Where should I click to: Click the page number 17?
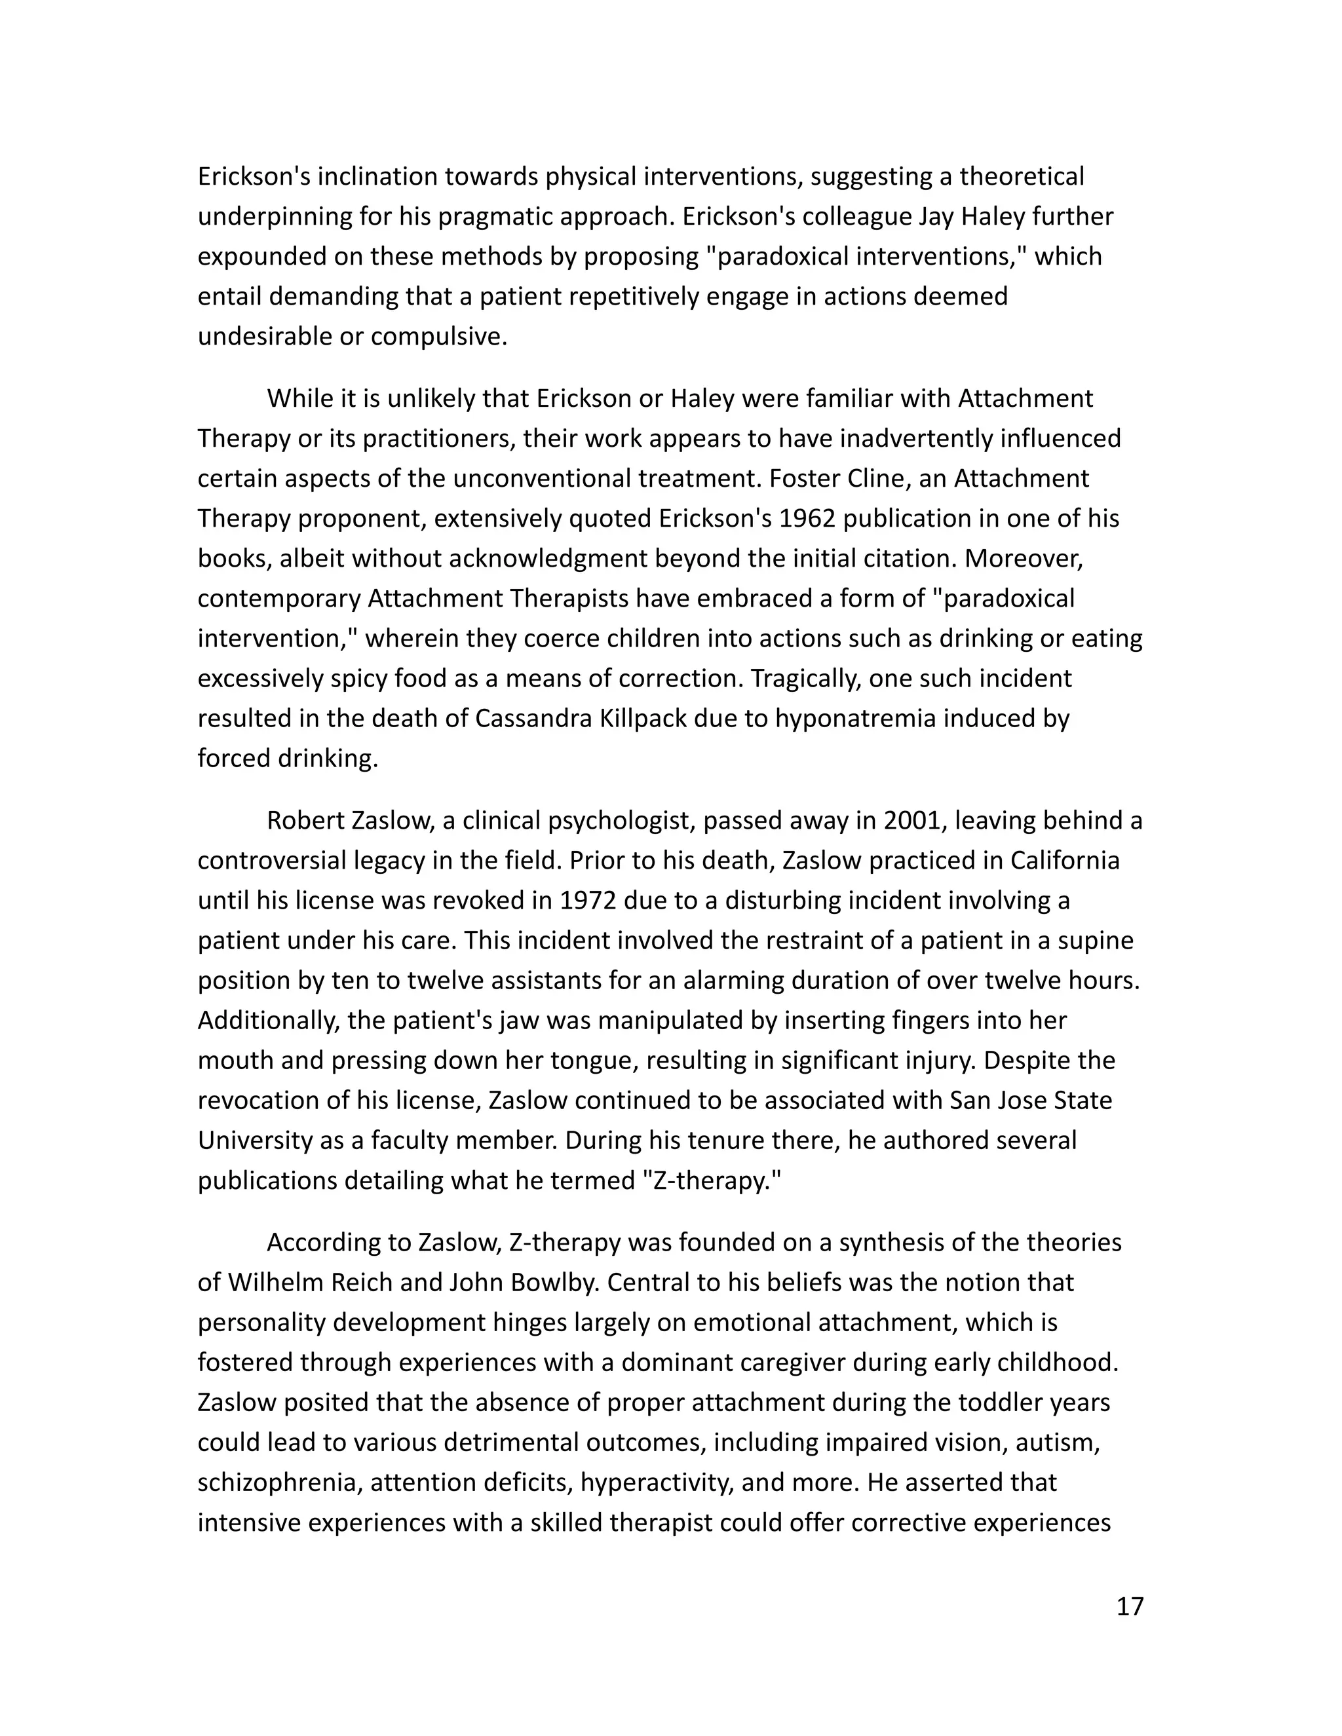click(1129, 1606)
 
